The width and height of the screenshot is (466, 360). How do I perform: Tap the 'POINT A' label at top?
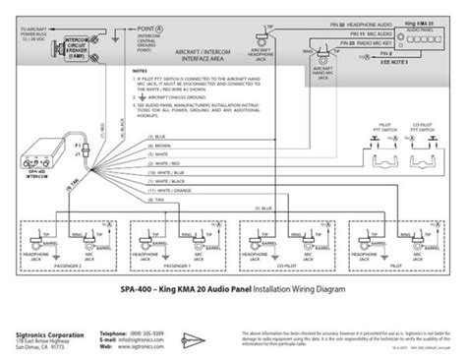coord(152,31)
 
